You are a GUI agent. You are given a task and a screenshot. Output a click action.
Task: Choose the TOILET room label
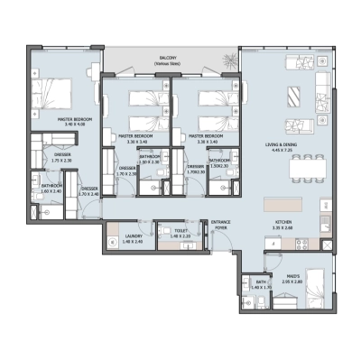click(181, 231)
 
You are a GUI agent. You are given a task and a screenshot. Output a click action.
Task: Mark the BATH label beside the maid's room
click(261, 282)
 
